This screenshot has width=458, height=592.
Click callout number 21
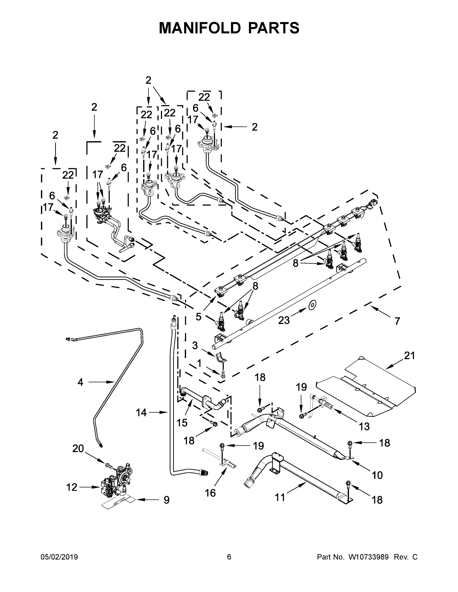pos(409,355)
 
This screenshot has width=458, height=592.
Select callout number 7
pos(397,321)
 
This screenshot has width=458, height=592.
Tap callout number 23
pos(284,320)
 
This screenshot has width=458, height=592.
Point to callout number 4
pos(80,382)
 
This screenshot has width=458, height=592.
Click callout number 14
pos(141,413)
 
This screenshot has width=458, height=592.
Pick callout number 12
pos(72,487)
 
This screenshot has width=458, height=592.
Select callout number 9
pos(167,500)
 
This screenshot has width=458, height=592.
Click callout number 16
pos(210,493)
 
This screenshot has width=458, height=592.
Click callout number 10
pos(377,475)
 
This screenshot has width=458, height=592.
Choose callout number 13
pos(364,426)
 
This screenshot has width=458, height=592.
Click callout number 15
pos(182,423)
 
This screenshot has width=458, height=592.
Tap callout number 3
pos(195,346)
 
